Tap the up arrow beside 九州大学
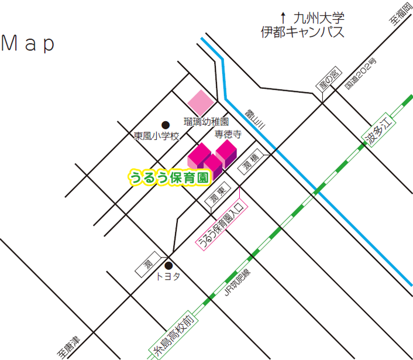283,18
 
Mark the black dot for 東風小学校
166,124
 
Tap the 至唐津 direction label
68,348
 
